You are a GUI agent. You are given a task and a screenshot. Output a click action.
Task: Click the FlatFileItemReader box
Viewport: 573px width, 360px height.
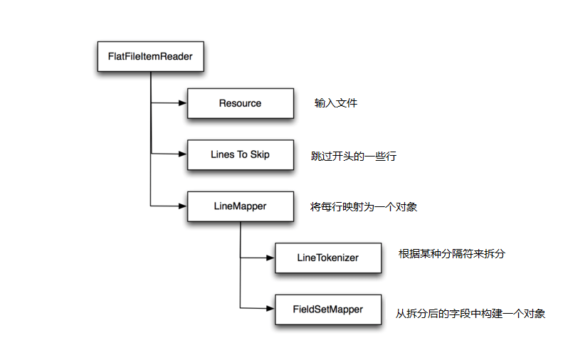coord(149,55)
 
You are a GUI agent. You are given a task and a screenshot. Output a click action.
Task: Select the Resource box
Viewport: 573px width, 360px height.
coord(240,103)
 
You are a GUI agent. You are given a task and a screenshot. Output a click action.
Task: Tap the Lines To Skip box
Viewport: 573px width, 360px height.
coord(240,154)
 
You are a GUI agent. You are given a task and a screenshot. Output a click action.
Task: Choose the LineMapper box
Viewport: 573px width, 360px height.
coord(240,206)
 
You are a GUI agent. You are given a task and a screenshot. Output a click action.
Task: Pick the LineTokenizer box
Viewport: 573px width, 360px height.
coord(327,258)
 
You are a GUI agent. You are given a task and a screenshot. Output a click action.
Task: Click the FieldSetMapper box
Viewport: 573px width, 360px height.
coord(327,309)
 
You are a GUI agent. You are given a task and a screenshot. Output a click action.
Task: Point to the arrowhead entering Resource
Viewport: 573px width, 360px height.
coord(182,103)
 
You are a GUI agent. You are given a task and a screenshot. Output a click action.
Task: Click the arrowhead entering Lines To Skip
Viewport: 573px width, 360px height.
coord(182,154)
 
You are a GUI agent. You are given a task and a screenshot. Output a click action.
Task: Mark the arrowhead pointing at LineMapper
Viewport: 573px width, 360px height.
coord(182,206)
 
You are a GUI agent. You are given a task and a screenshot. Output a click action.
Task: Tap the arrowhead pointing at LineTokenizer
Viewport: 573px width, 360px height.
coord(270,258)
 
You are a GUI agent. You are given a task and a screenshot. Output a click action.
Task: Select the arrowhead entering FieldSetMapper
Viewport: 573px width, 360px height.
coord(270,309)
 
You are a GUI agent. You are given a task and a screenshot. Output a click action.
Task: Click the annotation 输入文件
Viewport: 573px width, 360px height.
coord(336,103)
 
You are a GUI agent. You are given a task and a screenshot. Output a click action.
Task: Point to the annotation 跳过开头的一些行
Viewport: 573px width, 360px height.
coord(354,156)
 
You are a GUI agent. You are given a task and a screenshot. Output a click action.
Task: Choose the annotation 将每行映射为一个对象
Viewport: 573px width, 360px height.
coord(364,207)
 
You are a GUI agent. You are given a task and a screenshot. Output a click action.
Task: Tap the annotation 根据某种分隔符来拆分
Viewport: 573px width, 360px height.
coord(452,253)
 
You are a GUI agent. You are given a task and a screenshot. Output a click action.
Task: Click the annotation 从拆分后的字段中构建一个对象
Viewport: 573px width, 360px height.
coord(471,313)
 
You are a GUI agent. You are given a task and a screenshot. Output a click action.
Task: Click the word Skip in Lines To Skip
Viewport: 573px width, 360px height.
coord(259,154)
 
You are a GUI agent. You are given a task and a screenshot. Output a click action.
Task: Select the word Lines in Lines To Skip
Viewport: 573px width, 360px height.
coord(223,154)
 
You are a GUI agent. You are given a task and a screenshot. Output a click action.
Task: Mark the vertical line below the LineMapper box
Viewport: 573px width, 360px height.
coord(240,263)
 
